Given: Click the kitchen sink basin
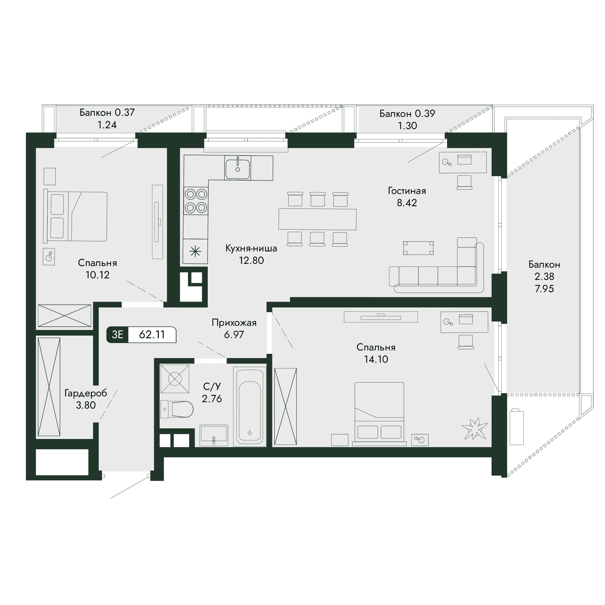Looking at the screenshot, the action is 237,168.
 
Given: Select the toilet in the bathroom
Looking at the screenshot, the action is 176,409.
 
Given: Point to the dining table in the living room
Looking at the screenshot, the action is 318,219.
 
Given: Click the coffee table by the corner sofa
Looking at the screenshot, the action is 418,248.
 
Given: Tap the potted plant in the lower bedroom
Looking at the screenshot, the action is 475,429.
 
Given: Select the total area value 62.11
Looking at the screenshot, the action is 152,335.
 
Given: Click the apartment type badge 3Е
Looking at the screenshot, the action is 117,335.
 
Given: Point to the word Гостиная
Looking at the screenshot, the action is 407,191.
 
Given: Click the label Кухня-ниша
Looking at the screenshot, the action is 251,249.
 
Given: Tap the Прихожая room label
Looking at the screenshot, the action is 234,323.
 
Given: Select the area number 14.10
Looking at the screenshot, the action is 376,359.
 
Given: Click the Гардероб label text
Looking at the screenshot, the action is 86,393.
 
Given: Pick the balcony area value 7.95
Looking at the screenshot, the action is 544,288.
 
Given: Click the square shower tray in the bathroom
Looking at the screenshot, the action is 175,379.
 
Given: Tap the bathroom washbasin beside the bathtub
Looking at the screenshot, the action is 214,436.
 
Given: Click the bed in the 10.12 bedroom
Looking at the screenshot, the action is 77,217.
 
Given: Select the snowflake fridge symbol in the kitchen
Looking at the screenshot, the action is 195,251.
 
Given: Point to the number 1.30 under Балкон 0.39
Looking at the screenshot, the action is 407,126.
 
